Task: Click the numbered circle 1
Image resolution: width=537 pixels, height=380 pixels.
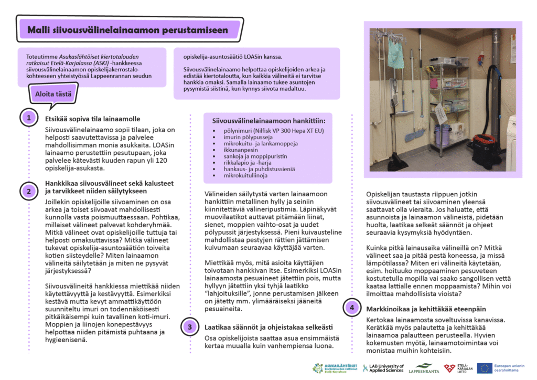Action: (x=29, y=118)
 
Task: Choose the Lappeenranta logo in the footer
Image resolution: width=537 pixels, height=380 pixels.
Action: (x=424, y=368)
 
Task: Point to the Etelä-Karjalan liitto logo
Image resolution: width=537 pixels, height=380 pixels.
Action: (x=456, y=368)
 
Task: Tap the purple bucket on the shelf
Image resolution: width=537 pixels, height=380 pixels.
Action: (x=442, y=134)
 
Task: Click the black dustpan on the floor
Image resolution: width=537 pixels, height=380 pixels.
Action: (x=398, y=163)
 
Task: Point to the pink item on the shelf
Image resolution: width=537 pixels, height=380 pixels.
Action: (x=434, y=83)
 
